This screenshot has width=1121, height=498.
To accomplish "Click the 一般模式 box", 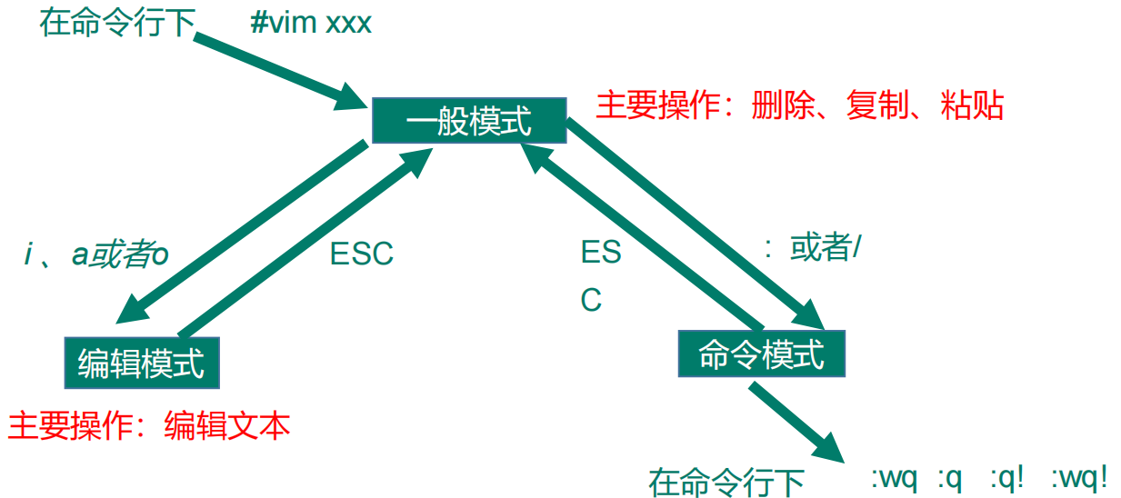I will point(468,119).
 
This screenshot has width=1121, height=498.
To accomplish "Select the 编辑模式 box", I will point(142,363).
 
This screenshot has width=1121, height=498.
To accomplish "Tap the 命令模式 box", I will point(762,354).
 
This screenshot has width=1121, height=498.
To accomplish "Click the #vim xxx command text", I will point(311,23).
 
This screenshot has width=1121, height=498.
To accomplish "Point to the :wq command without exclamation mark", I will point(895,476).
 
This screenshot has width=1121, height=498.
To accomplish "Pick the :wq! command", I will point(1079,476).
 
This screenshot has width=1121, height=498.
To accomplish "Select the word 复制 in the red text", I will point(876,105).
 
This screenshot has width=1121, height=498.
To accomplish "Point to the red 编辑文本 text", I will point(227,424).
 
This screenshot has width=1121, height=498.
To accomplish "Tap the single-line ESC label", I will point(361,254).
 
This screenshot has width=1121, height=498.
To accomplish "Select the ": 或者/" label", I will point(812,248).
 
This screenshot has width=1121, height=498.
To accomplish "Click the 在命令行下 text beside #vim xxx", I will point(117,23).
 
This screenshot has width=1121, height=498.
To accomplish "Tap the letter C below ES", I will point(591,300).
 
